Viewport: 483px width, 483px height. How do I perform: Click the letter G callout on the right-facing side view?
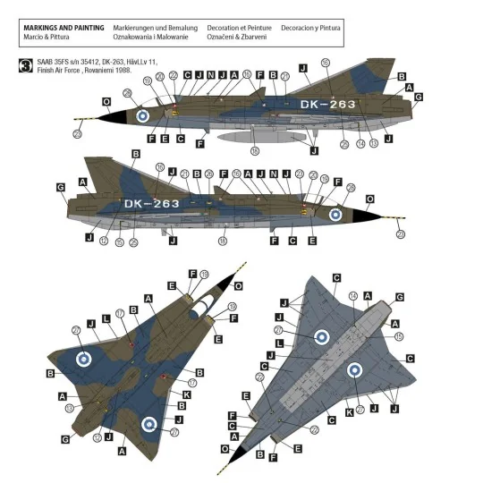61,188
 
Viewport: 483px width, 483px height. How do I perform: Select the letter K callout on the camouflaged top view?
186,394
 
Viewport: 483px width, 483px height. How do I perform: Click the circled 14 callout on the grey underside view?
352,295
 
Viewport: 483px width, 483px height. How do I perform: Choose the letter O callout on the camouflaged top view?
237,285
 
